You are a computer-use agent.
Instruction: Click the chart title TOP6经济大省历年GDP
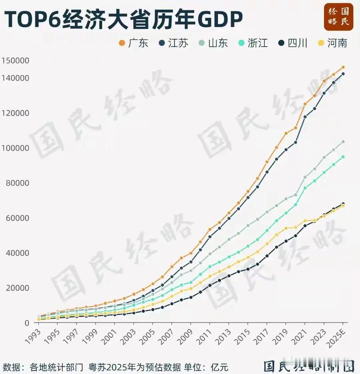123,19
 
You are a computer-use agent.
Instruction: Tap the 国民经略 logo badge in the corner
338,17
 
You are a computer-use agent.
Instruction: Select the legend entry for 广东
133,43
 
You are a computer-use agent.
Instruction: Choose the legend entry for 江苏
173,43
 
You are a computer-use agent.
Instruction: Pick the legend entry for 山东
213,43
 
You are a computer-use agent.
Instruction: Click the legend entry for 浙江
253,43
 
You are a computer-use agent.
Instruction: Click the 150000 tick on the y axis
15,61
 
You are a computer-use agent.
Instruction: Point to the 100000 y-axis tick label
15,148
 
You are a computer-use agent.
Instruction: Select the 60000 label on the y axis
17,218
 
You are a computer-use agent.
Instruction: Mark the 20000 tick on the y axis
17,288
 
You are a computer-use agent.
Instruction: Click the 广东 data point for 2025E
343,67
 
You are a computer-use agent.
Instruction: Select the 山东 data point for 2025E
343,142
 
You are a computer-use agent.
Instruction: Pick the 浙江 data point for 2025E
343,157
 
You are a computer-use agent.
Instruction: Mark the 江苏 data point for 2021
305,117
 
